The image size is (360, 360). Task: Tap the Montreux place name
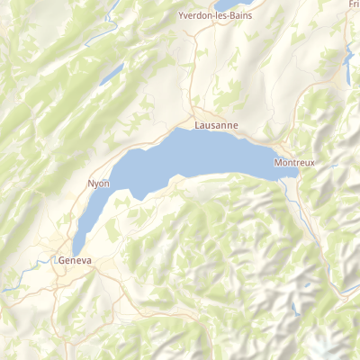[294, 163]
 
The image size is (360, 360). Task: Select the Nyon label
[98, 183]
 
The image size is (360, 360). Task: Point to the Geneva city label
[75, 260]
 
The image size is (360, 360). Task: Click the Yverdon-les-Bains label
[216, 16]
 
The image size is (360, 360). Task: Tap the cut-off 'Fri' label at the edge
[353, 4]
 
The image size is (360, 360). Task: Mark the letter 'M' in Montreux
[277, 163]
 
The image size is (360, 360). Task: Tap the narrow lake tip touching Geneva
[78, 243]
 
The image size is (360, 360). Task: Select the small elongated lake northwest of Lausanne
[112, 74]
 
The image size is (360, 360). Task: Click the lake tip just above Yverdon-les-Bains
[229, 4]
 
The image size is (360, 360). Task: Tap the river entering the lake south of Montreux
[292, 187]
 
